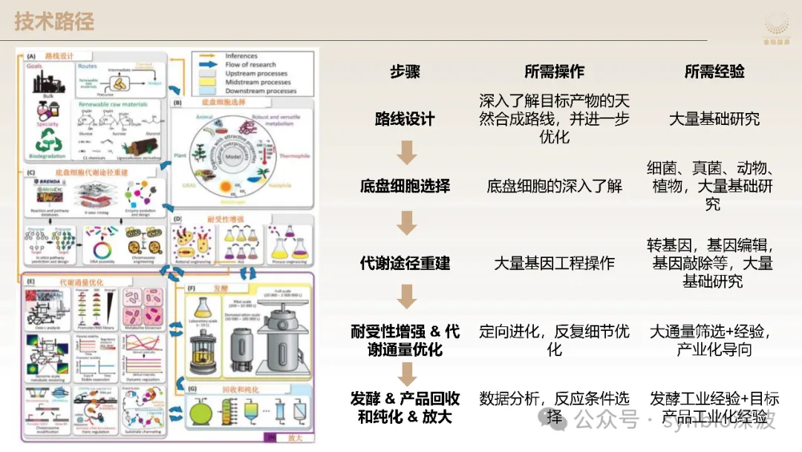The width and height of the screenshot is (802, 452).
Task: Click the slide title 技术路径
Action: pyautogui.click(x=54, y=21)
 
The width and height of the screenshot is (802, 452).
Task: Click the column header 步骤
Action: pyautogui.click(x=405, y=71)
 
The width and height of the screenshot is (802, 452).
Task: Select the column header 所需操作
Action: pyautogui.click(x=554, y=71)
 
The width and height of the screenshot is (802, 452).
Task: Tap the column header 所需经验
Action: pyautogui.click(x=714, y=71)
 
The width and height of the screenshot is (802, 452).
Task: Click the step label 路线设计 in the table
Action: pyautogui.click(x=405, y=119)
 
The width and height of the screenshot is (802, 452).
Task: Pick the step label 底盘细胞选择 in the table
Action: pyautogui.click(x=405, y=186)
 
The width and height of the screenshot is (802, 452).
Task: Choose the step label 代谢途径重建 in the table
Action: pyautogui.click(x=405, y=263)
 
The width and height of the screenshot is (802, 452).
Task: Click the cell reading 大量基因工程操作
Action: pyautogui.click(x=554, y=263)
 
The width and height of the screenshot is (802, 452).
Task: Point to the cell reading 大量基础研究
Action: pyautogui.click(x=714, y=119)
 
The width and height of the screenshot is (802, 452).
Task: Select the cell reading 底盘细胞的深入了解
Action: pyautogui.click(x=554, y=186)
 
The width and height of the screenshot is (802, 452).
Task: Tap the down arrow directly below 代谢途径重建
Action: pyautogui.click(x=405, y=297)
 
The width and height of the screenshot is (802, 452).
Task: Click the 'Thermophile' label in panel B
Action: pyautogui.click(x=298, y=156)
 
